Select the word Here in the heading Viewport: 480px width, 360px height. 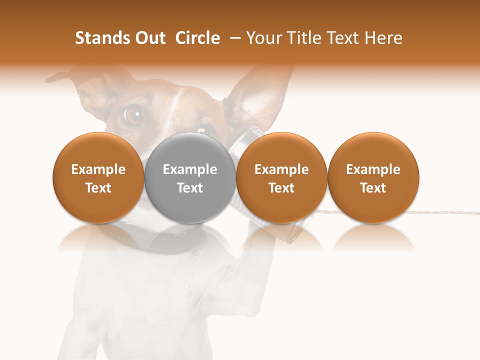pyautogui.click(x=383, y=38)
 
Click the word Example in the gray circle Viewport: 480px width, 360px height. pyautogui.click(x=190, y=169)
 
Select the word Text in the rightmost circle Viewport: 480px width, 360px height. pyautogui.click(x=373, y=188)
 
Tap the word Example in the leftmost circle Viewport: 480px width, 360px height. pyautogui.click(x=98, y=169)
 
